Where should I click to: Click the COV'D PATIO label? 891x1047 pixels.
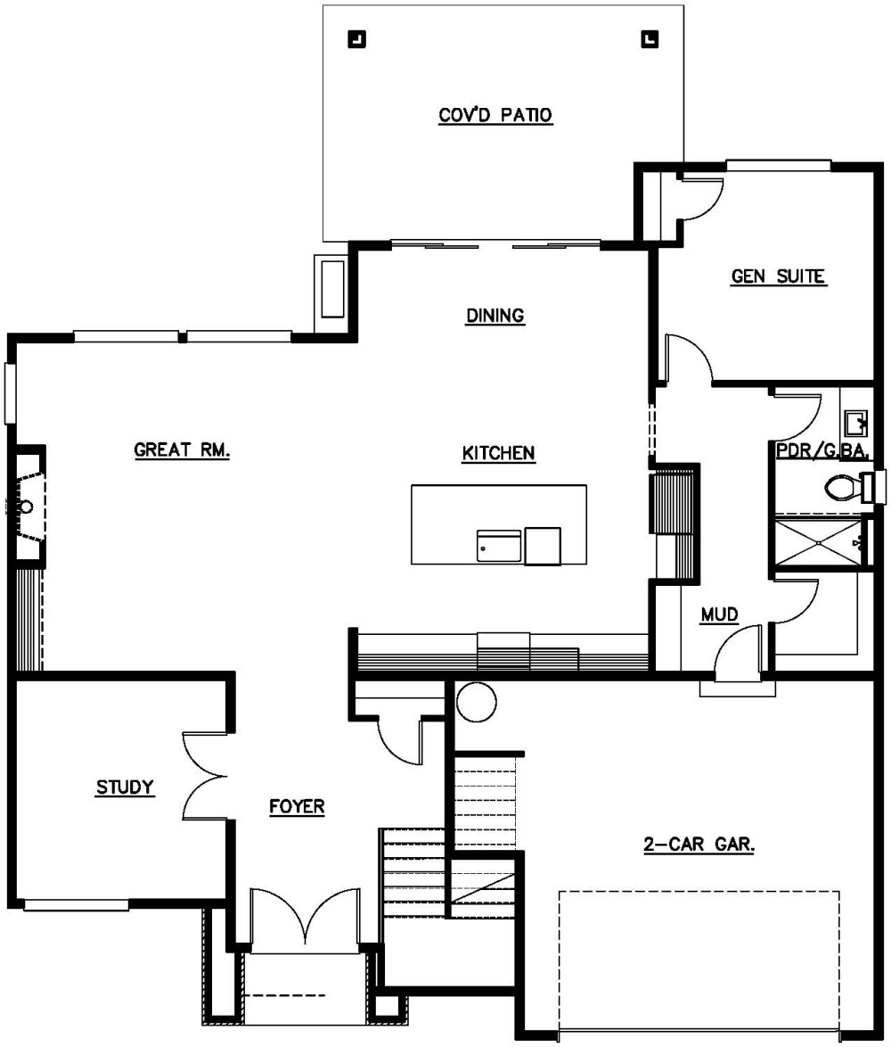coord(495,116)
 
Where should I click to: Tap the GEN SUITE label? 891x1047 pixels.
coord(778,276)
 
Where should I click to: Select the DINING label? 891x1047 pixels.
coord(495,315)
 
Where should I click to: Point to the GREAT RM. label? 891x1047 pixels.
coord(182,450)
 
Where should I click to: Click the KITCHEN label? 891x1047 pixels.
coord(498,453)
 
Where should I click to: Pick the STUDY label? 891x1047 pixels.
coord(126,787)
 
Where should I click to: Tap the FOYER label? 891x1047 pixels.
coord(297,807)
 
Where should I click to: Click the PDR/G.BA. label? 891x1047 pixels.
coord(822,450)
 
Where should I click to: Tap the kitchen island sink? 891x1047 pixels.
coord(499,545)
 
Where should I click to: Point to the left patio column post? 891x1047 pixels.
coord(356,38)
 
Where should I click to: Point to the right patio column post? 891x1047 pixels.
coord(650,38)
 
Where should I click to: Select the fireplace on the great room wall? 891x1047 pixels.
coord(27,507)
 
